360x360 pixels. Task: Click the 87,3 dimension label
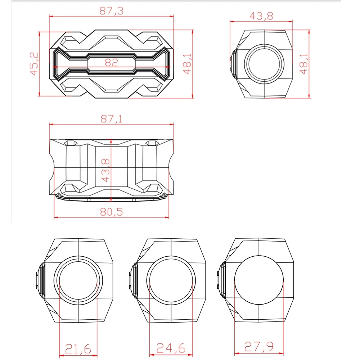click(x=111, y=11)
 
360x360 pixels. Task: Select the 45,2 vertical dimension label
click(x=34, y=64)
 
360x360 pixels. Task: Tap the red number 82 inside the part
click(x=111, y=62)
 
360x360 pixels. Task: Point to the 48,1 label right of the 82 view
click(x=187, y=64)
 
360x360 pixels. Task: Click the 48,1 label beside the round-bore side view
click(x=303, y=64)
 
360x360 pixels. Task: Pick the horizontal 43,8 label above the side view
click(x=261, y=16)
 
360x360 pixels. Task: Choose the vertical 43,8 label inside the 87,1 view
click(x=105, y=170)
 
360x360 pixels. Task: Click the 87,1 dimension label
click(x=111, y=119)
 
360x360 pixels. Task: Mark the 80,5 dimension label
click(x=111, y=212)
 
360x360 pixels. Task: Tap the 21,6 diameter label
click(x=78, y=349)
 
